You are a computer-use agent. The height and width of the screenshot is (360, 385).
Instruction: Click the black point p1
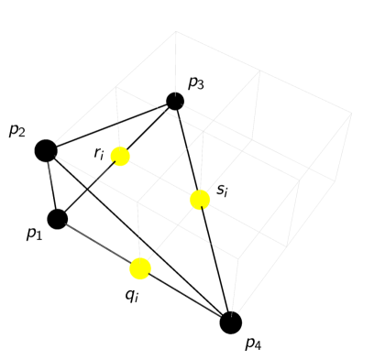click(x=57, y=219)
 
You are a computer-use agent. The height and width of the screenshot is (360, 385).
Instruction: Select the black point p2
click(x=46, y=150)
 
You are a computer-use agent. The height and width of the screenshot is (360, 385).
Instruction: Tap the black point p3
click(x=175, y=101)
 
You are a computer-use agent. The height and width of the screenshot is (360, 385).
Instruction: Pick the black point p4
click(x=231, y=322)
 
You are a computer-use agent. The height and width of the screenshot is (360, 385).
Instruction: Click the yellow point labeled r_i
click(x=120, y=157)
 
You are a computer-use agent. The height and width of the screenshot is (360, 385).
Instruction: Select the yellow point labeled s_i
click(x=200, y=200)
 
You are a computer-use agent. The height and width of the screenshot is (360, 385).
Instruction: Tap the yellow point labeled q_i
click(x=140, y=268)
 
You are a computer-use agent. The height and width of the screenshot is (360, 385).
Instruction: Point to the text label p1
click(x=35, y=235)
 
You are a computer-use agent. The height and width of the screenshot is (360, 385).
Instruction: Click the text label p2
click(x=17, y=130)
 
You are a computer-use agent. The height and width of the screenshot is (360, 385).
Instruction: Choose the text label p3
click(x=196, y=83)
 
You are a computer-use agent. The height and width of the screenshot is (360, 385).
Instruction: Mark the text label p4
click(x=253, y=344)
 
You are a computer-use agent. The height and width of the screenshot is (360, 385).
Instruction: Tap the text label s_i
click(x=222, y=191)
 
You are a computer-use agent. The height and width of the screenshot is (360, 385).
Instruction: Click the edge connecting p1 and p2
click(x=51, y=185)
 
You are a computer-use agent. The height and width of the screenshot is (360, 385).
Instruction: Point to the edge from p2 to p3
click(x=110, y=125)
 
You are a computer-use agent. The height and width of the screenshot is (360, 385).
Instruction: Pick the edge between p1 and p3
click(x=92, y=187)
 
